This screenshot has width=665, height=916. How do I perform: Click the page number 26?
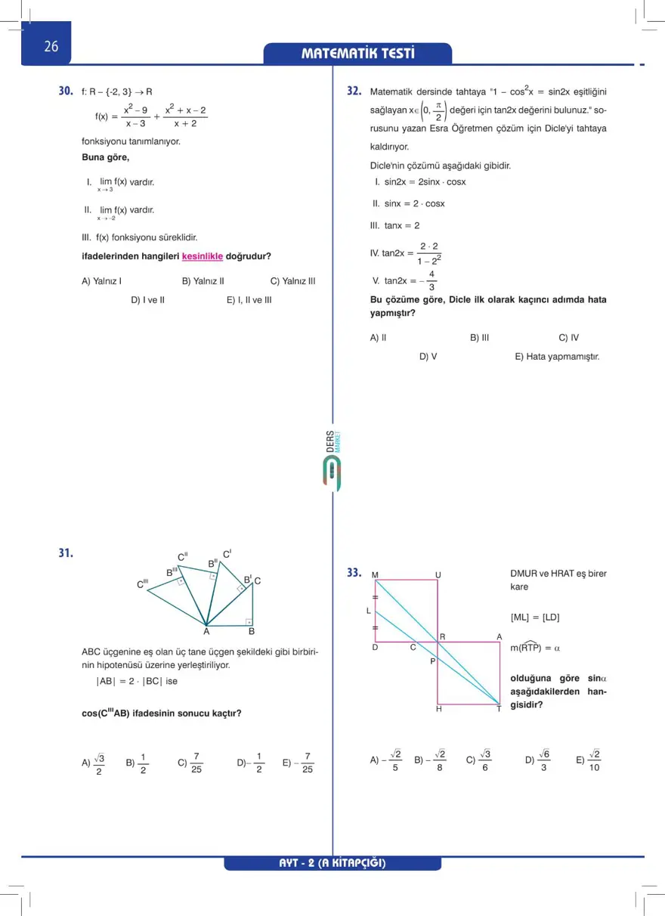[51, 47]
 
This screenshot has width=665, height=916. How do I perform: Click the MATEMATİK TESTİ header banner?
[357, 54]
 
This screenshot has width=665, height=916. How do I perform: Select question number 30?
[66, 91]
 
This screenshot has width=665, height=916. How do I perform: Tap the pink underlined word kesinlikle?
[203, 256]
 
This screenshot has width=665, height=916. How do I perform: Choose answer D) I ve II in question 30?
[148, 300]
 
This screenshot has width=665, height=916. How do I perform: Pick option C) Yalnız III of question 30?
[292, 281]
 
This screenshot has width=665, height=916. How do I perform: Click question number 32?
[354, 91]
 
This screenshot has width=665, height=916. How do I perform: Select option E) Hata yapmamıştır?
[557, 357]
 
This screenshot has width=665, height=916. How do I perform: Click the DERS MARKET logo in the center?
[331, 461]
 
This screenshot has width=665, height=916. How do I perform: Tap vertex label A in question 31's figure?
[206, 632]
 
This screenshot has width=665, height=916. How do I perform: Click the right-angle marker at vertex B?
[248, 622]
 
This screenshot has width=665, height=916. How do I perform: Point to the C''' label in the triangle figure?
[142, 584]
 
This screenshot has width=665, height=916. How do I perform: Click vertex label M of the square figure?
[375, 575]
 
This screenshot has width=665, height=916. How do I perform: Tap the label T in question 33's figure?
[499, 709]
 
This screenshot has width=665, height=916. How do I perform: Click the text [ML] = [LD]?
[535, 617]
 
